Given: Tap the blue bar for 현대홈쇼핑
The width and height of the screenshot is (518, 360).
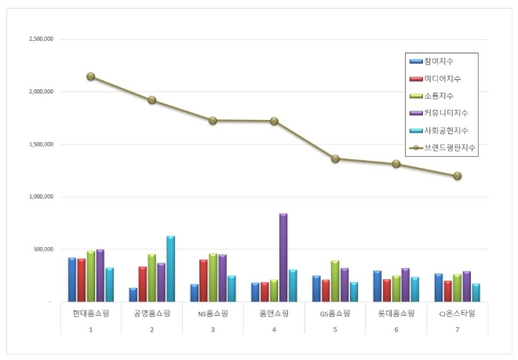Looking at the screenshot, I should [72, 279].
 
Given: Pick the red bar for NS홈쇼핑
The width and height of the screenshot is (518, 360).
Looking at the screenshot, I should [203, 280].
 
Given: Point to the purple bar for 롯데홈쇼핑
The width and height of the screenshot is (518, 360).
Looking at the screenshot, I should [405, 285].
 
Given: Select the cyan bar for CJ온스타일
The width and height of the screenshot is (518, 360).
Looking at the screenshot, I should [476, 293].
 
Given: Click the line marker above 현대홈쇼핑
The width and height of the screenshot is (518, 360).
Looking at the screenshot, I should [91, 77].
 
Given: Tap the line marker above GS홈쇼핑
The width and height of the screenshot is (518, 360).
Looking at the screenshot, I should [335, 158].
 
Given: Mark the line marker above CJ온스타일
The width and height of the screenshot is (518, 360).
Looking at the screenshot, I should [457, 176].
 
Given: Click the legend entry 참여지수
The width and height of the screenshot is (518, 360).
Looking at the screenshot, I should [438, 61].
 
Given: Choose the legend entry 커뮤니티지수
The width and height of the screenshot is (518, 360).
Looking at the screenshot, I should [443, 113].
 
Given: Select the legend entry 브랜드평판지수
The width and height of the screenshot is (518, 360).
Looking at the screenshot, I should [445, 147].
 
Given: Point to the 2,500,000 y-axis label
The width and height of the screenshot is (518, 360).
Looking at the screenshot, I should [40, 39].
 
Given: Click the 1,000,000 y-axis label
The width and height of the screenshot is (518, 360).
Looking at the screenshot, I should [40, 197].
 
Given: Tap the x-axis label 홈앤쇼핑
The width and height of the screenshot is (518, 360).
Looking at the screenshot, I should [274, 313].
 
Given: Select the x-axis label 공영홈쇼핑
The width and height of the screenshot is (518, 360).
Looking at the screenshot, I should [151, 313].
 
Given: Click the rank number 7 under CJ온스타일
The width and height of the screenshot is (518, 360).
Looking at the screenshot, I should [457, 329].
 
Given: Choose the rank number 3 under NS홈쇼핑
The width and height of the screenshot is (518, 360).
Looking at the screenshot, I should [213, 329].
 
